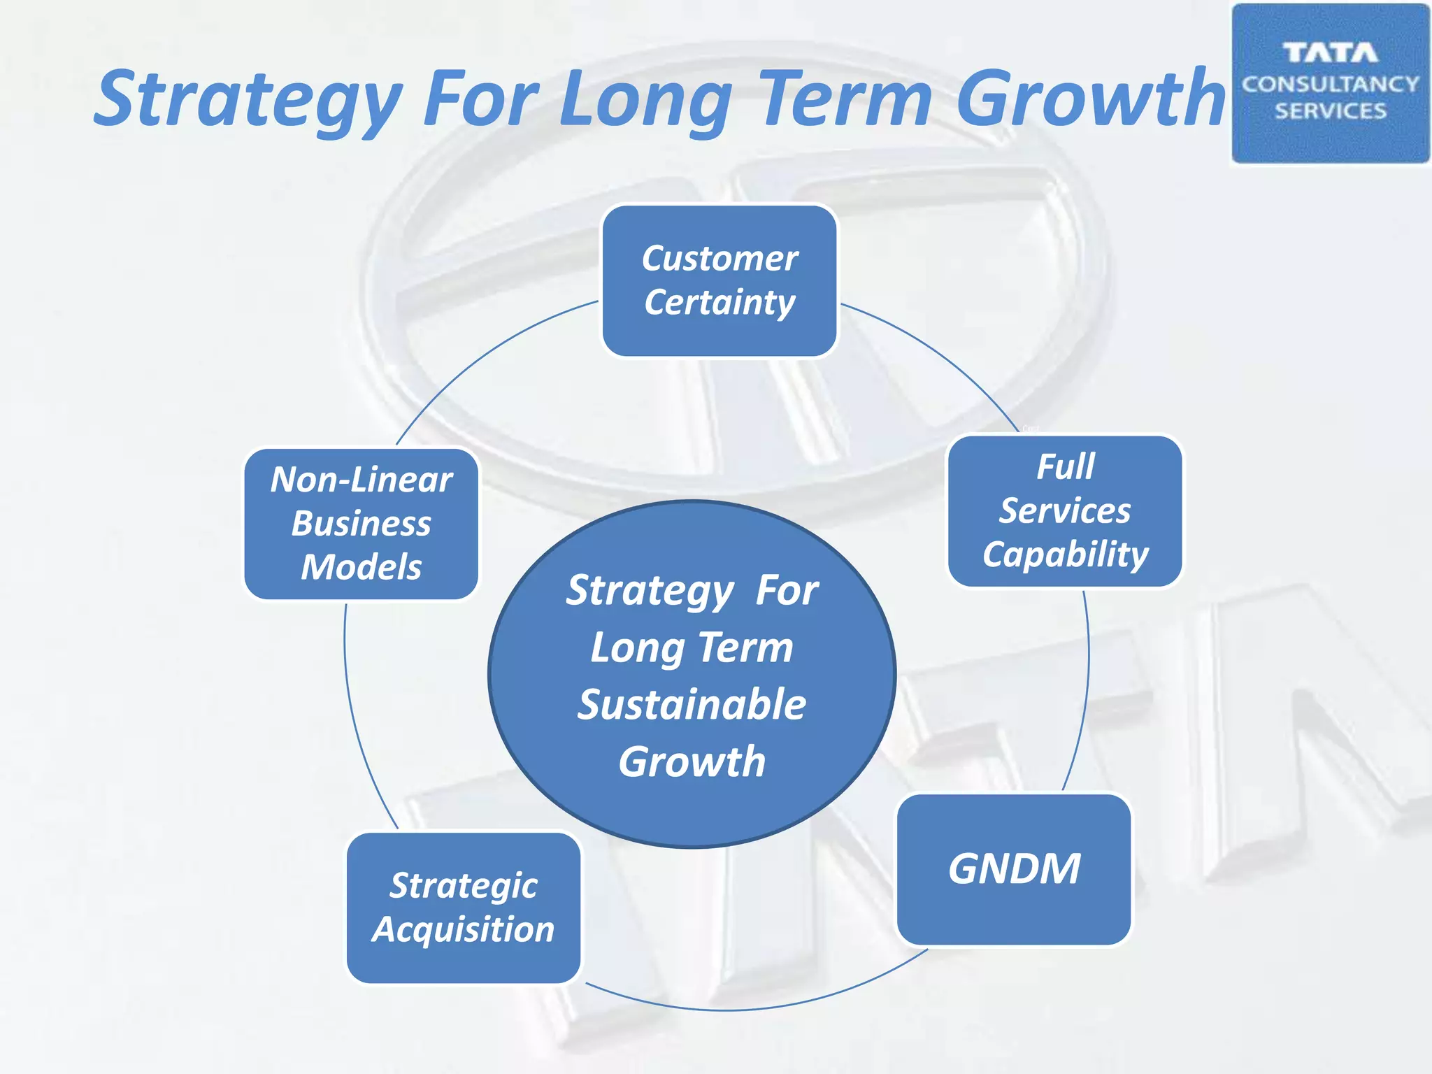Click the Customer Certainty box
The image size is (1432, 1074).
tap(719, 281)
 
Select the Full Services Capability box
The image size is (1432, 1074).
tap(1065, 511)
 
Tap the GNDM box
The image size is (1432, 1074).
tap(1014, 869)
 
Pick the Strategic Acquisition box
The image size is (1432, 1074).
tap(464, 908)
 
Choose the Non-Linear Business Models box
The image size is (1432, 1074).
tap(361, 524)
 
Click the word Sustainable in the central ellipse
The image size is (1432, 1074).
tap(692, 705)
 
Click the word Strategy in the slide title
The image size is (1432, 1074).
tap(248, 99)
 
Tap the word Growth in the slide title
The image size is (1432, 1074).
tap(1091, 99)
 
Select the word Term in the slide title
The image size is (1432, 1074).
tap(846, 99)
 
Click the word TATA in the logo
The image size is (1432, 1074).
tap(1330, 53)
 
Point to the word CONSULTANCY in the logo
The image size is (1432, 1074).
tap(1330, 85)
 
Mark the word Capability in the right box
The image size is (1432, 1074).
tap(1065, 555)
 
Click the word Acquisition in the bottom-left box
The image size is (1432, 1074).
tap(464, 930)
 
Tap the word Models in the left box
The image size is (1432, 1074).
tap(361, 567)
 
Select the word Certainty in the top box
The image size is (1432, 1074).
tap(719, 303)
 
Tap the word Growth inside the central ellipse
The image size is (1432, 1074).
tap(692, 762)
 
